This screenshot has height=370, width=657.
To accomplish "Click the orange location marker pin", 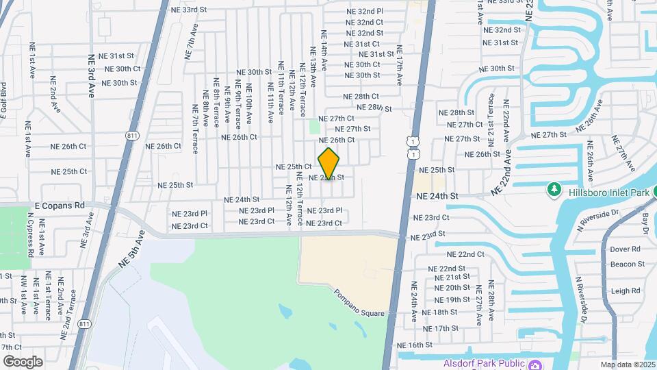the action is click(x=329, y=164).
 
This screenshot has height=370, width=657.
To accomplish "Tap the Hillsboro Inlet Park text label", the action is click(x=608, y=193).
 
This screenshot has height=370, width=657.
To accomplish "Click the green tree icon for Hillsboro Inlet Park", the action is click(x=554, y=188).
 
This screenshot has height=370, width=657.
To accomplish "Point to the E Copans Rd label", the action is click(x=60, y=206).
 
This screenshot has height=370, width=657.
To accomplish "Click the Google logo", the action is click(x=23, y=361).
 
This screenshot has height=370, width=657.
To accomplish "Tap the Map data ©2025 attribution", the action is click(x=627, y=365).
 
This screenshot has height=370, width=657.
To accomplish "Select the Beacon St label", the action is click(x=627, y=264).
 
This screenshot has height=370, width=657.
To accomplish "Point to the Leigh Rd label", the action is click(x=625, y=291).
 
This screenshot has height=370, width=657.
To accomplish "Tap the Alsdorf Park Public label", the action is click(x=483, y=363).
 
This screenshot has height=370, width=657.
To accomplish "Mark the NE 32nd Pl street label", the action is click(x=365, y=12).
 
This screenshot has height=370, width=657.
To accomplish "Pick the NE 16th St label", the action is click(x=415, y=345).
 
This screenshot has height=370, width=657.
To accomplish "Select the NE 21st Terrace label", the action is click(x=491, y=113).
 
